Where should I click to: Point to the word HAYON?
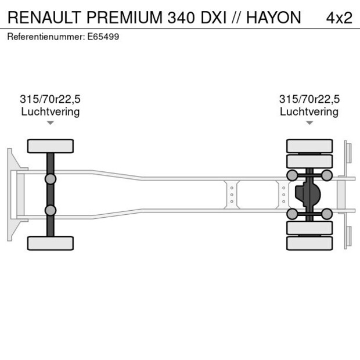(273, 17)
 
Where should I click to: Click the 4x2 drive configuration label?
(339, 17)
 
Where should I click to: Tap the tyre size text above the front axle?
(50, 99)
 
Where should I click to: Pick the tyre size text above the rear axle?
(309, 99)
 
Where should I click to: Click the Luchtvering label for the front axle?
(50, 111)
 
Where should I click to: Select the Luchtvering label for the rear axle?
(309, 111)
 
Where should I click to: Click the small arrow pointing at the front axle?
(51, 123)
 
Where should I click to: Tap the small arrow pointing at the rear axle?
(309, 123)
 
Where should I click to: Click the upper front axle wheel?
(51, 146)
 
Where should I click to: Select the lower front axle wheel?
(51, 243)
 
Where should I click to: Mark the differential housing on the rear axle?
(308, 195)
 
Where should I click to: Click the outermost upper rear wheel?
(309, 145)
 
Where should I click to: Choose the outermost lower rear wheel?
(309, 243)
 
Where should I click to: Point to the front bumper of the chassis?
(10, 195)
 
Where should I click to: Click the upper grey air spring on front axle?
(51, 178)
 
